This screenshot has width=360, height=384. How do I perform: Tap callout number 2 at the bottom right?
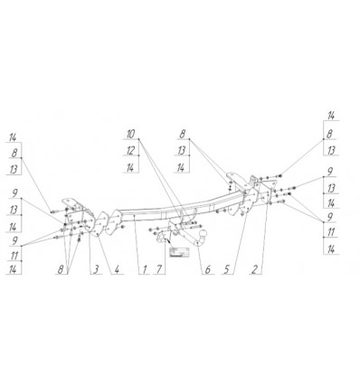click(x=257, y=269)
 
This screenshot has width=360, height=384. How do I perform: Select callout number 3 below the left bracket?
click(x=93, y=269)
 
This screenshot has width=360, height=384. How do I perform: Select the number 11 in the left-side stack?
click(x=14, y=256)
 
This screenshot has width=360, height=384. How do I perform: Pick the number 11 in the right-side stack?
click(x=332, y=231)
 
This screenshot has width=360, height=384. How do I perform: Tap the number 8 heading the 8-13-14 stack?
click(x=182, y=133)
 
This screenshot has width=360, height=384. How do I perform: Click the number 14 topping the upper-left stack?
click(x=14, y=136)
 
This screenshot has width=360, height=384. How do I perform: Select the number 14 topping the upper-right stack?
click(x=332, y=116)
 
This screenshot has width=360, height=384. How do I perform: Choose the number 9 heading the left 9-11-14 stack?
click(x=14, y=240)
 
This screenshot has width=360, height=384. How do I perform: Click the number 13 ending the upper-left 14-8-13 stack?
click(x=14, y=169)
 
